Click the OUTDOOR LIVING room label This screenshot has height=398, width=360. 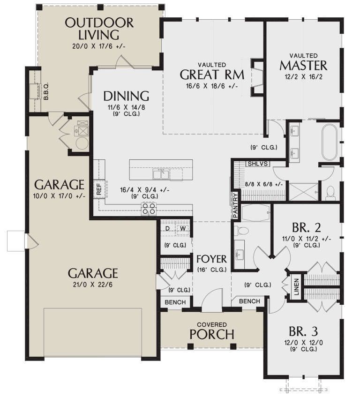(99, 29)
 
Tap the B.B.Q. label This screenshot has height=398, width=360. (46, 91)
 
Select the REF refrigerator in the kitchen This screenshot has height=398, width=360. (99, 189)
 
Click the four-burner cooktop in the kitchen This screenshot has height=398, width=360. (149, 208)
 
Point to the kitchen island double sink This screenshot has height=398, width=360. (161, 174)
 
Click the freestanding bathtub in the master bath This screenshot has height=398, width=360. (329, 142)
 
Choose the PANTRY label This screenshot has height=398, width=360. (235, 205)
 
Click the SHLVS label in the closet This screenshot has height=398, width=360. (258, 164)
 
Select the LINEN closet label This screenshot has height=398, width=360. (297, 287)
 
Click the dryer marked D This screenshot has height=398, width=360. (167, 228)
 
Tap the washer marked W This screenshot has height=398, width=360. (183, 228)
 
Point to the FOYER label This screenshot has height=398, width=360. (211, 259)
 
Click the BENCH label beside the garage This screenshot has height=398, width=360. (175, 302)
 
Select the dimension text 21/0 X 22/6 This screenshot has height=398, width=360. (93, 285)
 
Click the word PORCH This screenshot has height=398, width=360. (212, 334)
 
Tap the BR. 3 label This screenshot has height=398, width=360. (303, 331)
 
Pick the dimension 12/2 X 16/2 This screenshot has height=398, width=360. (304, 77)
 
